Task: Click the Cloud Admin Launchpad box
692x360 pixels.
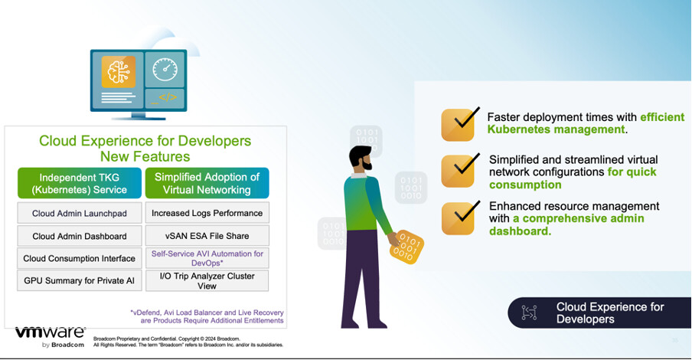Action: tap(80, 213)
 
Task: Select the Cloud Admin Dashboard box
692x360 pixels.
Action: tap(80, 236)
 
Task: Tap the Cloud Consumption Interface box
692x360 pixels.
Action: tap(80, 258)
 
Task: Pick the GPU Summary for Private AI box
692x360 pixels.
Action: tap(80, 280)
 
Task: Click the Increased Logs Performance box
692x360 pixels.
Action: tap(207, 213)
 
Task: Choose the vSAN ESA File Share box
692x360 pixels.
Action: tap(207, 236)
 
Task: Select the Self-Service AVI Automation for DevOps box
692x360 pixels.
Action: tap(207, 258)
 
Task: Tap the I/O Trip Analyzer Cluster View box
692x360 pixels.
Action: tap(207, 280)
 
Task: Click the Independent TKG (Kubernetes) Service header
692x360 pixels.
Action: tap(80, 183)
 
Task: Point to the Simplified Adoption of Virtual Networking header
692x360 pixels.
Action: tap(207, 183)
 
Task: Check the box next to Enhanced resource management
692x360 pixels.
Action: tap(459, 218)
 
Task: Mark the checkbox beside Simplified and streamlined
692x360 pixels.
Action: tap(459, 171)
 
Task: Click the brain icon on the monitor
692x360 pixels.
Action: tap(119, 72)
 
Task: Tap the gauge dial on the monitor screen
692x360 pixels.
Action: tap(165, 70)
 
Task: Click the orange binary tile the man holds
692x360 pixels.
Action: tap(406, 247)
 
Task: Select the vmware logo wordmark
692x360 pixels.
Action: tap(51, 332)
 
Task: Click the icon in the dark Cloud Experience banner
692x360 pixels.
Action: tap(529, 313)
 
